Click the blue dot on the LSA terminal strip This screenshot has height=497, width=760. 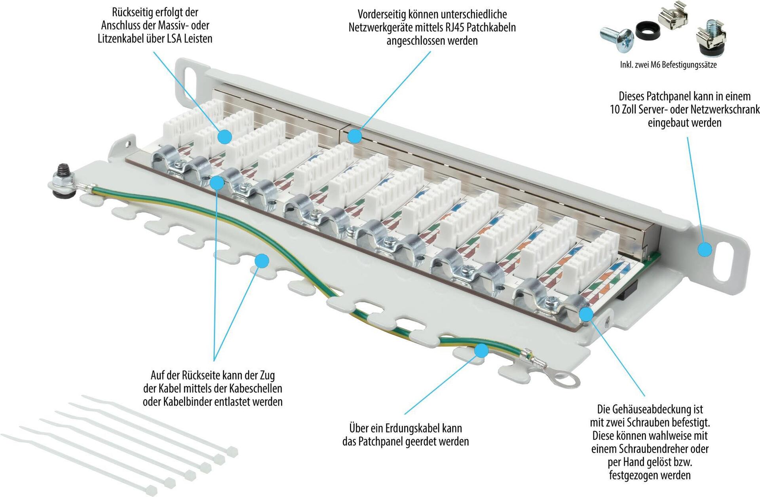[225, 137]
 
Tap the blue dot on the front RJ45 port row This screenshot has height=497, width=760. [355, 136]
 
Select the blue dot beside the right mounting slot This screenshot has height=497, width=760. [705, 250]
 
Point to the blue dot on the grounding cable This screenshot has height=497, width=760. [481, 350]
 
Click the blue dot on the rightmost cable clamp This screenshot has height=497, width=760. [586, 314]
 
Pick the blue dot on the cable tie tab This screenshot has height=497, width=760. [262, 261]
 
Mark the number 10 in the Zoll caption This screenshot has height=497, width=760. [614, 109]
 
